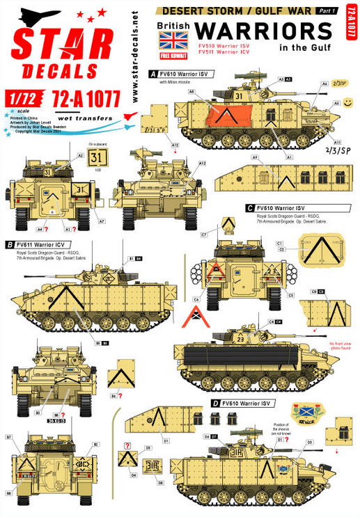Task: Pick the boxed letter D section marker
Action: pyautogui.click(x=217, y=402)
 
